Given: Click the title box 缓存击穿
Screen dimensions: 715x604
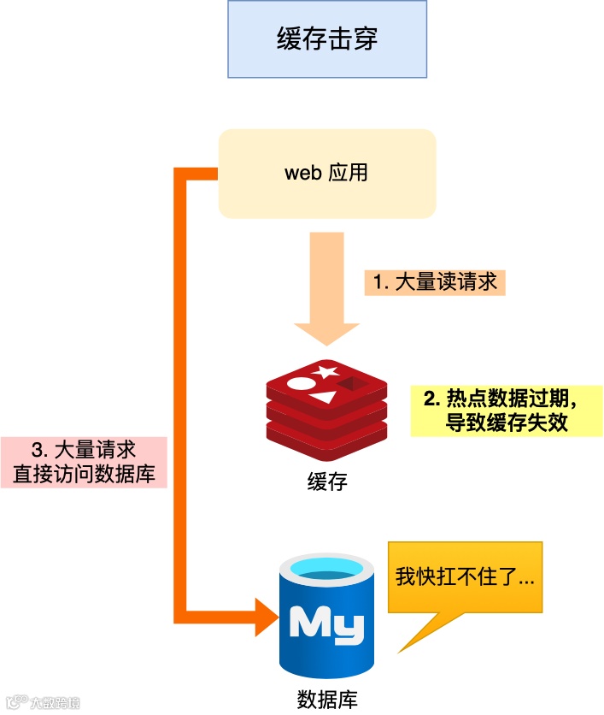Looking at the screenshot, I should (x=327, y=40).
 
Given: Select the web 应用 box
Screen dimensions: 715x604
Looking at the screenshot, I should (x=327, y=173).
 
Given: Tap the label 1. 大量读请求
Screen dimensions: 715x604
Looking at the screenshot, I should (x=435, y=281).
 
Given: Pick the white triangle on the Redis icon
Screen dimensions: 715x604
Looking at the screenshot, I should (x=322, y=398).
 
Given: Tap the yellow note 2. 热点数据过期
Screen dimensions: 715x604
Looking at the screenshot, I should (x=499, y=411).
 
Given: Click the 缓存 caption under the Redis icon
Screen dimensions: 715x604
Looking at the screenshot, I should (x=327, y=482).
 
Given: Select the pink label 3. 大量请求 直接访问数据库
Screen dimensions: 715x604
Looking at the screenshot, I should (x=83, y=462).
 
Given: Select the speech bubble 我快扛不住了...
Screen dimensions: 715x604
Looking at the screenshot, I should (x=466, y=577).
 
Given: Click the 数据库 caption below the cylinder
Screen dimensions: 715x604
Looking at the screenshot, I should (x=327, y=698).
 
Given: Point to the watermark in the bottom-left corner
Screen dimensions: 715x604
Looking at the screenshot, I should (x=44, y=703).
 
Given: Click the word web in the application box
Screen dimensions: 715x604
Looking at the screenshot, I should (x=302, y=172).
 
